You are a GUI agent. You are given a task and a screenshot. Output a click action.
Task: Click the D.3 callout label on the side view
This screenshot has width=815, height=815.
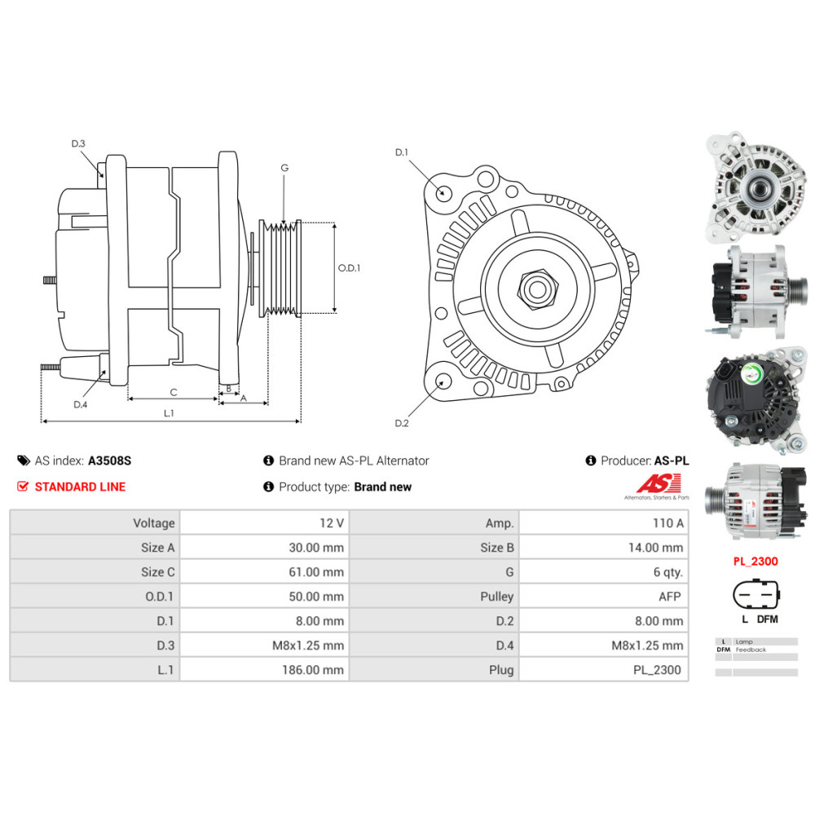78,143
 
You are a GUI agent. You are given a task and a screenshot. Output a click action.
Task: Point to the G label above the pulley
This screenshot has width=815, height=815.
284,168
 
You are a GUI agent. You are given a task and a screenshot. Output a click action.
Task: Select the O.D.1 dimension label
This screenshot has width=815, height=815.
349,267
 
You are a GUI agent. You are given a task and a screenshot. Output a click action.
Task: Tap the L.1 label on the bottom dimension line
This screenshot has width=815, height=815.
169,413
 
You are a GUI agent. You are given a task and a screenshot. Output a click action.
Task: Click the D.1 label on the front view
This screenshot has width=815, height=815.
401,152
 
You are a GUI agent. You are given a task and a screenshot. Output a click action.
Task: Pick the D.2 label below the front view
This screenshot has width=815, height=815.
401,423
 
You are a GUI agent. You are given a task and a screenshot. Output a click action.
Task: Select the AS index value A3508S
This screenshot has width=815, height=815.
109,460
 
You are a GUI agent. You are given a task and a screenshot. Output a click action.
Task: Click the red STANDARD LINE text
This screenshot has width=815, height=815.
80,487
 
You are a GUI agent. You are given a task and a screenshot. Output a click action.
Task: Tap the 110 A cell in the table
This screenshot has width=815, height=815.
667,523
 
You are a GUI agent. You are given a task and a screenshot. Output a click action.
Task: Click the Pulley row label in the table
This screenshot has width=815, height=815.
496,597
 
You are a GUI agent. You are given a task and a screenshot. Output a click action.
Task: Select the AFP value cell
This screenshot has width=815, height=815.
669,597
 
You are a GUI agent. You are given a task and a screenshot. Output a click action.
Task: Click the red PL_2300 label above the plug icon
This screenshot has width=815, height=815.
756,562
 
